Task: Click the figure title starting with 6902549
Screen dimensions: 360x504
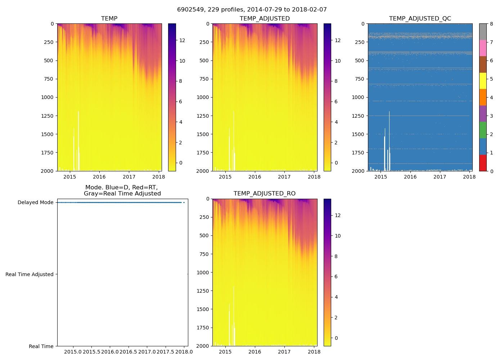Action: click(x=252, y=10)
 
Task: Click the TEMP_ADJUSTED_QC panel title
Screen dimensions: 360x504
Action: click(x=420, y=19)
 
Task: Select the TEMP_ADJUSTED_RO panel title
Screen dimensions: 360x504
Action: click(x=265, y=194)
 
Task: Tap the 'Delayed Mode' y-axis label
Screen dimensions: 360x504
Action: click(x=36, y=203)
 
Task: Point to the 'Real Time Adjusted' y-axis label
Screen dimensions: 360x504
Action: click(x=30, y=275)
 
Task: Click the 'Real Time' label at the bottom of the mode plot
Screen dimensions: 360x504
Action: click(x=41, y=347)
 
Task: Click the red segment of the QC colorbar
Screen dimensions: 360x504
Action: click(x=483, y=163)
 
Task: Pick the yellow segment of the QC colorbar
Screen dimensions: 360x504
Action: click(x=483, y=81)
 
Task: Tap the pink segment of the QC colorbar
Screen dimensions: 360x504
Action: click(x=483, y=48)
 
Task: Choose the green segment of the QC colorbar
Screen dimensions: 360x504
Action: click(x=483, y=130)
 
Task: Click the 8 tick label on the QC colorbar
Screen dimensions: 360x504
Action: click(x=491, y=24)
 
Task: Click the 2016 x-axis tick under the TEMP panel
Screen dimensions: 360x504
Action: click(x=99, y=177)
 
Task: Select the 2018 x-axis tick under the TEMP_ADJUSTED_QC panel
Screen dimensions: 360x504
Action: click(x=469, y=177)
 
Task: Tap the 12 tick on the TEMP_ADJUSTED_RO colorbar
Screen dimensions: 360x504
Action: click(x=338, y=216)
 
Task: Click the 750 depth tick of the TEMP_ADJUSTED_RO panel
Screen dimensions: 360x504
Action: click(x=204, y=254)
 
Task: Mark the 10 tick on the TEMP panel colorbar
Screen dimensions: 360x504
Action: click(x=182, y=61)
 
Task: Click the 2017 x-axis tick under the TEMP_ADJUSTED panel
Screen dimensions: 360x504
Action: click(x=284, y=177)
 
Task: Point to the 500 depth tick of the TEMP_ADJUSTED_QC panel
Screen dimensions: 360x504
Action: click(x=360, y=60)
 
